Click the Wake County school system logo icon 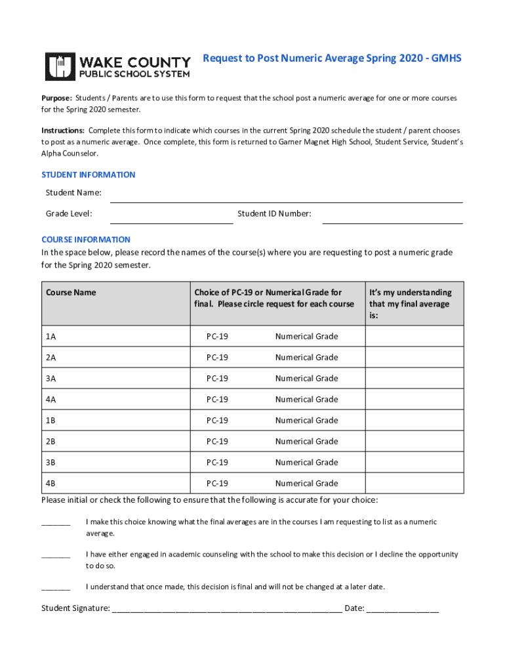pos(60,66)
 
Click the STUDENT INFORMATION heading pos(88,175)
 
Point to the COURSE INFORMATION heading pos(85,240)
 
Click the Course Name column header pos(70,293)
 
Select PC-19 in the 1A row pos(217,337)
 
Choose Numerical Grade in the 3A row pos(306,379)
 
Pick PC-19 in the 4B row pos(217,484)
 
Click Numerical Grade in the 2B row pos(306,442)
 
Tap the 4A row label pos(51,400)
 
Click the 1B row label pos(51,421)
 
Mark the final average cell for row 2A pos(414,358)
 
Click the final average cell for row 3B pos(414,463)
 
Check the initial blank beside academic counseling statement pos(56,555)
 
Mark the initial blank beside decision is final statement pos(56,587)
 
